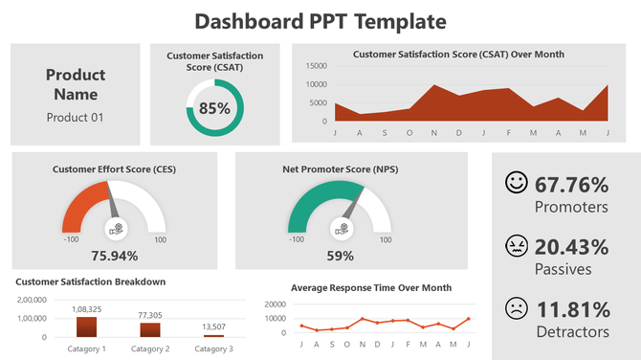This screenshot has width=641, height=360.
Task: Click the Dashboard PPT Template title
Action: pyautogui.click(x=320, y=21)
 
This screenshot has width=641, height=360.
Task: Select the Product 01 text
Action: pyautogui.click(x=76, y=118)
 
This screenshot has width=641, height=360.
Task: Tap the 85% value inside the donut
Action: pyautogui.click(x=214, y=108)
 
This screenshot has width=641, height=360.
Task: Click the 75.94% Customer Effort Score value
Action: pyautogui.click(x=114, y=256)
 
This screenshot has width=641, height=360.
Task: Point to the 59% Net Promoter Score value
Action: pyautogui.click(x=340, y=256)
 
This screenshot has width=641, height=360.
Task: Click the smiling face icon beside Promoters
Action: pyautogui.click(x=517, y=182)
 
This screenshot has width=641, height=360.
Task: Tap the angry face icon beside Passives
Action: pyautogui.click(x=517, y=246)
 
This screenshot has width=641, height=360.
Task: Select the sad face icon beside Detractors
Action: pyautogui.click(x=517, y=309)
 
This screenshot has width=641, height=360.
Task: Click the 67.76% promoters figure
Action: pyautogui.click(x=572, y=185)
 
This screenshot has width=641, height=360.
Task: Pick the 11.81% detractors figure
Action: pyautogui.click(x=572, y=310)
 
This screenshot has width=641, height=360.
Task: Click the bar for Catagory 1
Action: pyautogui.click(x=87, y=326)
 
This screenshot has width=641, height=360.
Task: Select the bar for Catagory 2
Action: pyautogui.click(x=150, y=329)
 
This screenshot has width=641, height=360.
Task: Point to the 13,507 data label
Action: pyautogui.click(x=214, y=327)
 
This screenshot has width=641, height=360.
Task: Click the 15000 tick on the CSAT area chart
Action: pyautogui.click(x=316, y=66)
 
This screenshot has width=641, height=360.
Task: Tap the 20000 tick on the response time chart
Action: pyautogui.click(x=274, y=304)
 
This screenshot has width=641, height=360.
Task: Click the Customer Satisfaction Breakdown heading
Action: pyautogui.click(x=91, y=281)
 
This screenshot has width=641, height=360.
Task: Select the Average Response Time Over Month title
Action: pyautogui.click(x=371, y=287)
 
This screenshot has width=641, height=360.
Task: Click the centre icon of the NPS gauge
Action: pyautogui.click(x=340, y=228)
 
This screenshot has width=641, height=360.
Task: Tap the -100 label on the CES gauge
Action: pyautogui.click(x=72, y=240)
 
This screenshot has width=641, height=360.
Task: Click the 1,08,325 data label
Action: pyautogui.click(x=87, y=309)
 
